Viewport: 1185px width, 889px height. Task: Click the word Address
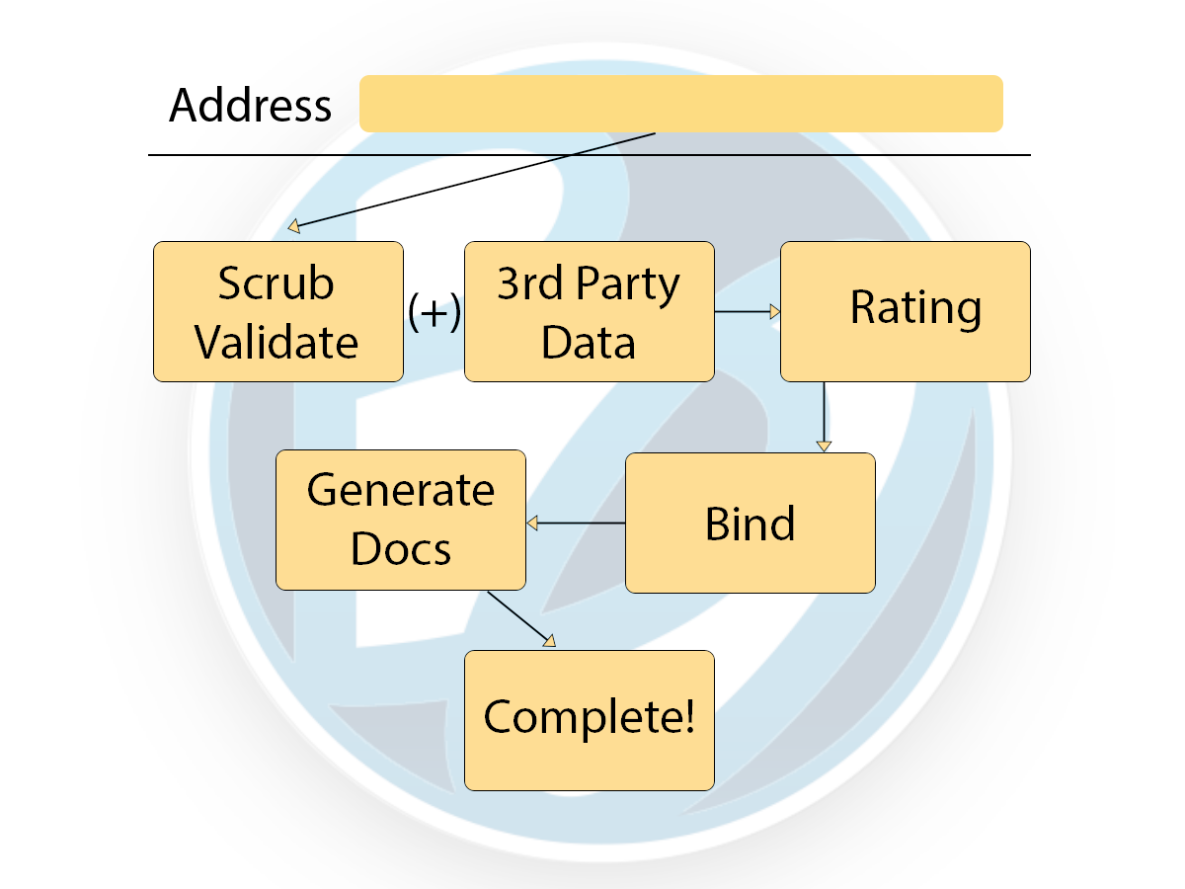(250, 105)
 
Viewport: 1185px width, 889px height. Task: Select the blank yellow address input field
(681, 103)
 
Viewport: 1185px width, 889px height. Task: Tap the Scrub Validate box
(277, 312)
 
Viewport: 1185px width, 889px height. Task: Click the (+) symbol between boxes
(434, 313)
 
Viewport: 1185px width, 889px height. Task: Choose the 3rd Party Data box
(589, 312)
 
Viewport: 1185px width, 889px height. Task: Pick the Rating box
(906, 312)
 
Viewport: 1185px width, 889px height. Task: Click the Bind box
(750, 523)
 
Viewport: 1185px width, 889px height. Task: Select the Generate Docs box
(400, 520)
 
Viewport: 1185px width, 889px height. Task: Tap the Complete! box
(589, 719)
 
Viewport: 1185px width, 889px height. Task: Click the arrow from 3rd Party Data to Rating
(747, 312)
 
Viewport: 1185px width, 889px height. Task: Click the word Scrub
(276, 284)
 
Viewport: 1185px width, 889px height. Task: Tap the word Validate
(276, 342)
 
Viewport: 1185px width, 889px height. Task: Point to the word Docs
(401, 549)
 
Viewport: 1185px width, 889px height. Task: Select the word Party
(628, 284)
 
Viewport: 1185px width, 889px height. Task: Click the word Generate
(401, 490)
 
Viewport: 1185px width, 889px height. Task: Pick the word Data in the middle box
(589, 342)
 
